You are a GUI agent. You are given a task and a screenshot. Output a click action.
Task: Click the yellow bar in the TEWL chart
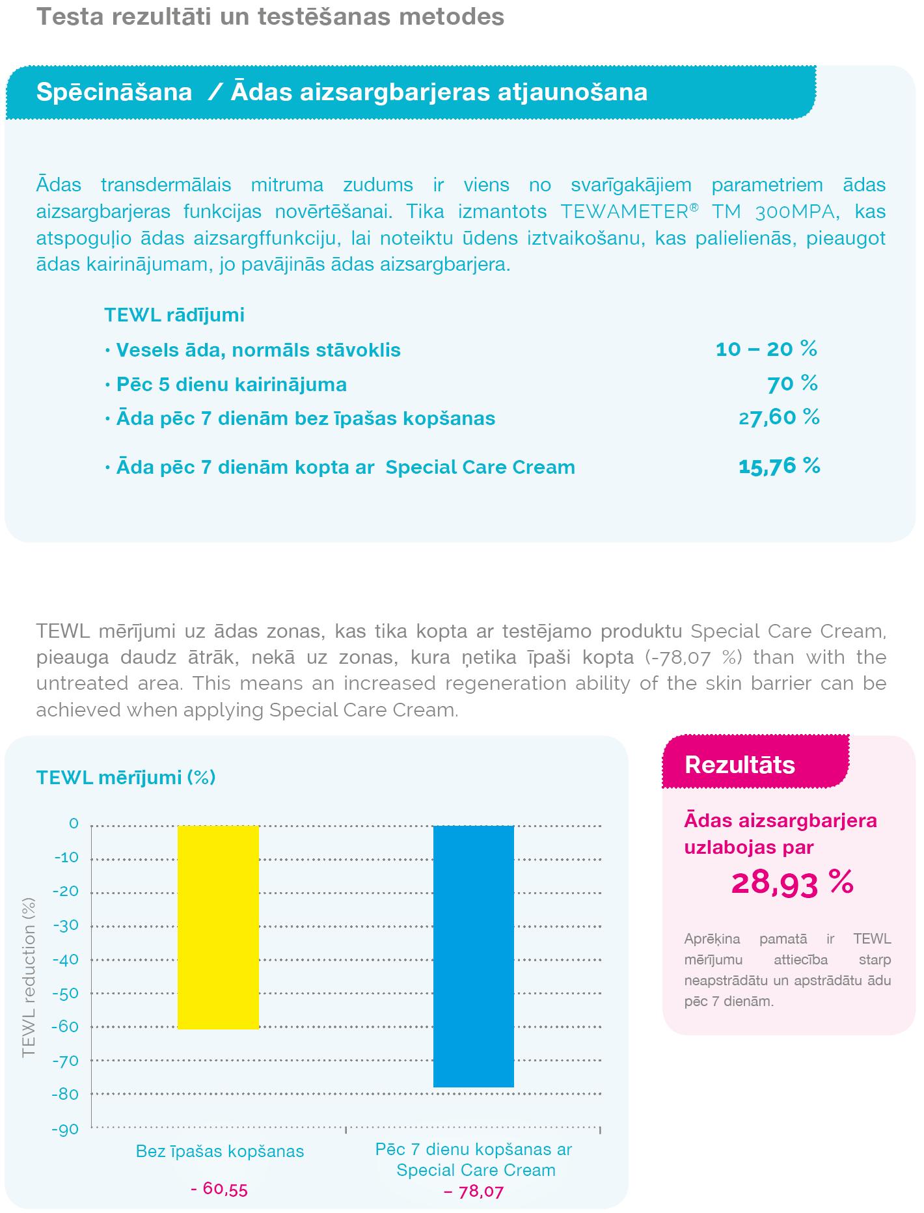[x=219, y=927]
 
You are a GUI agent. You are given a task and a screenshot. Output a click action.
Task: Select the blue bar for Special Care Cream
[x=474, y=956]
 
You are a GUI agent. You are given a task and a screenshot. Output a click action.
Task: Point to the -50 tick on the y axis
[x=66, y=993]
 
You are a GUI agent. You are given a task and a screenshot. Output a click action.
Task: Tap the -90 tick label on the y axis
[x=66, y=1129]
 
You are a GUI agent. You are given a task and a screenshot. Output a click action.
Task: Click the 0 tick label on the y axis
[x=74, y=824]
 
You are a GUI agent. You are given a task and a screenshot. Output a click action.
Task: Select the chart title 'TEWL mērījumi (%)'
[x=126, y=778]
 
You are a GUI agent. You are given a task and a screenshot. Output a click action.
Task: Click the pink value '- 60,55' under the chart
[x=219, y=1189]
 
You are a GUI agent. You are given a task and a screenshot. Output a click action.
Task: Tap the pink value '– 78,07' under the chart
[x=474, y=1192]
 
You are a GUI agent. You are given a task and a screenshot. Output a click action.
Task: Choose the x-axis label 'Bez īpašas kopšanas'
[x=220, y=1151]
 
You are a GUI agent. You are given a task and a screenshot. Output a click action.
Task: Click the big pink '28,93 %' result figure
[x=792, y=883]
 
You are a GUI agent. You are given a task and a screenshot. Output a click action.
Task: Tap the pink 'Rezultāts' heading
[x=740, y=765]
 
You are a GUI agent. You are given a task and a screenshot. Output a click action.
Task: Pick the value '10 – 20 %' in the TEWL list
[x=766, y=349]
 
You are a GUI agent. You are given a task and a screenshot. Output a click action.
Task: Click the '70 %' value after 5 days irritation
[x=792, y=384]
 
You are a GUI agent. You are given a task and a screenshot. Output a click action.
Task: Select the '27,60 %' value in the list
[x=779, y=417]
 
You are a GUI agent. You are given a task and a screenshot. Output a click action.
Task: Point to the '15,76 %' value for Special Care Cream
[x=779, y=467]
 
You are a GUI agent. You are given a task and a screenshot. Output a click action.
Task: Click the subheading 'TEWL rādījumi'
[x=174, y=315]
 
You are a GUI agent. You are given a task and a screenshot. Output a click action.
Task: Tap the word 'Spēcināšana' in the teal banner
[x=115, y=92]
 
